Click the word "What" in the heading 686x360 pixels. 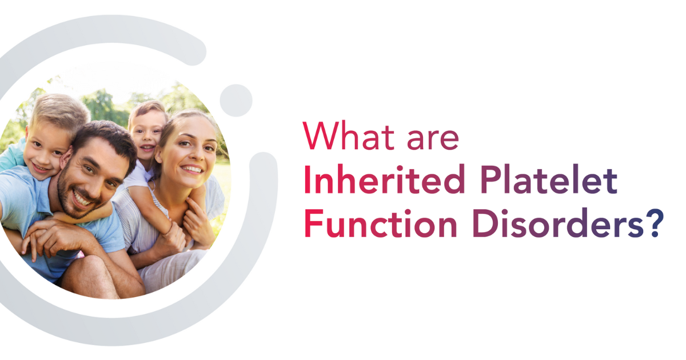[349, 135]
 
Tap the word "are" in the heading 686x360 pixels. [433, 139]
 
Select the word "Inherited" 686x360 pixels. [385, 179]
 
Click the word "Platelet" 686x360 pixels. [548, 179]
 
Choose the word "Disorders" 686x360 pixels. [558, 223]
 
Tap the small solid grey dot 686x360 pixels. [236, 101]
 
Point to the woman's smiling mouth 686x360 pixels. [192, 169]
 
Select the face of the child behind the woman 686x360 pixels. [146, 135]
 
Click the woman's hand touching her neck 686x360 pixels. [199, 222]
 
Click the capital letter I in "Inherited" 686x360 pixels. [308, 179]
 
